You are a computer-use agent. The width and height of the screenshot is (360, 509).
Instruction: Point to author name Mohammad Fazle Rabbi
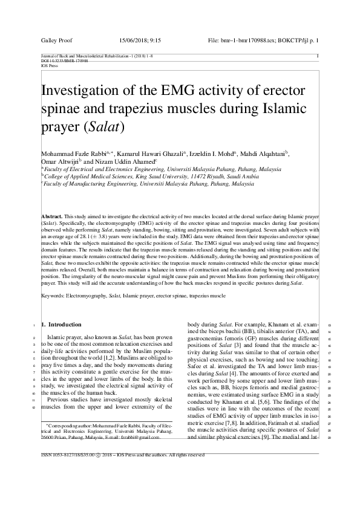point(71,155)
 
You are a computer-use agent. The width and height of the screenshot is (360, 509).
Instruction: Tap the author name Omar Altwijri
point(59,163)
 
